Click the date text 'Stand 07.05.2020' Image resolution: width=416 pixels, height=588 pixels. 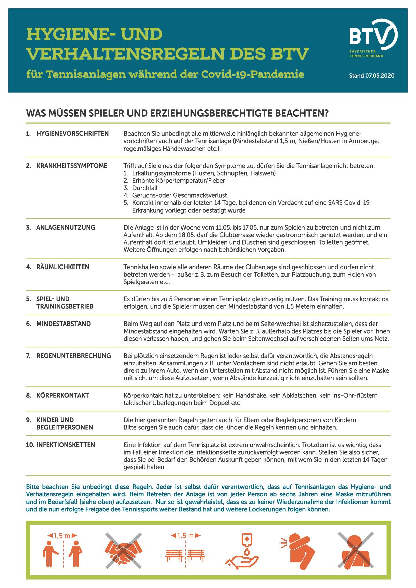click(371, 76)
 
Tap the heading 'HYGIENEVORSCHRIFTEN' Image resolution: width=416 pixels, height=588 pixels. click(72, 134)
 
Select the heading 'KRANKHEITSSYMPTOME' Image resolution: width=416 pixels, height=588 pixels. click(71, 166)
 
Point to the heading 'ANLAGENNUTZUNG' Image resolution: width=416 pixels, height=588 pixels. click(65, 227)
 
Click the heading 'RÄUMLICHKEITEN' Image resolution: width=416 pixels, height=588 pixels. click(62, 267)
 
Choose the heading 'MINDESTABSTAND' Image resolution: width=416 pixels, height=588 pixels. click(63, 324)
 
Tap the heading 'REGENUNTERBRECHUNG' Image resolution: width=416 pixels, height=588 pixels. click(73, 356)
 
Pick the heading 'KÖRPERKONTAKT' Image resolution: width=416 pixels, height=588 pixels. click(62, 395)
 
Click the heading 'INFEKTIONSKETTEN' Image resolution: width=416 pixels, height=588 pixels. click(65, 445)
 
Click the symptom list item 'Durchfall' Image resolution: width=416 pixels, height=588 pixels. click(145, 188)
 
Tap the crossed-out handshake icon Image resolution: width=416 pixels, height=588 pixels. click(124, 548)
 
